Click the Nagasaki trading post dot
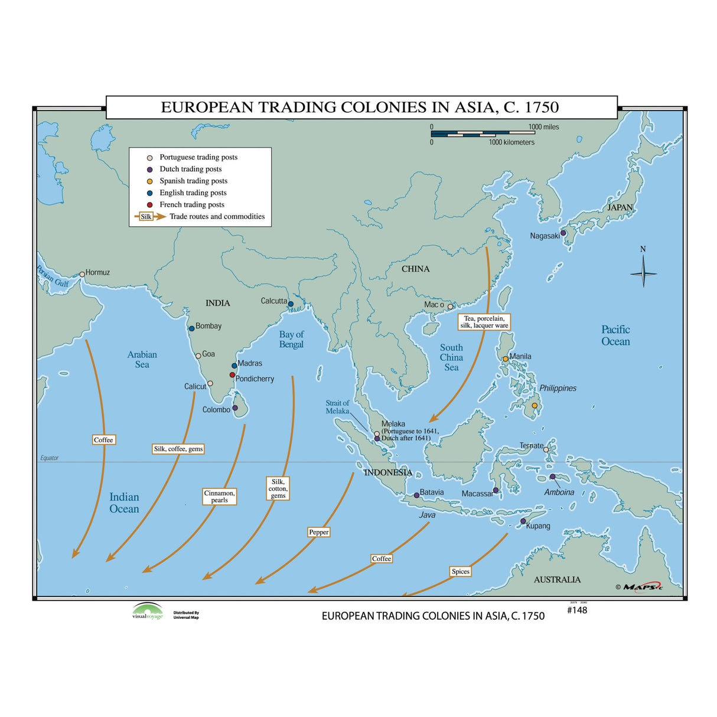pyautogui.click(x=563, y=233)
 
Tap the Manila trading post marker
pyautogui.click(x=506, y=358)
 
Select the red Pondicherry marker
pyautogui.click(x=232, y=375)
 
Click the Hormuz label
pyautogui.click(x=97, y=272)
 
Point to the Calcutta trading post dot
pyautogui.click(x=291, y=304)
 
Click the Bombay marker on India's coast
pyautogui.click(x=191, y=328)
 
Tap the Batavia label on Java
pyautogui.click(x=432, y=492)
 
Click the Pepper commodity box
pyautogui.click(x=319, y=532)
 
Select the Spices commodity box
pyautogui.click(x=460, y=571)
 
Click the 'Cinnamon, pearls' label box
pyautogui.click(x=220, y=496)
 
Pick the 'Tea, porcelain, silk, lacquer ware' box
pyautogui.click(x=484, y=322)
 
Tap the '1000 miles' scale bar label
pyautogui.click(x=543, y=127)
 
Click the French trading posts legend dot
pyautogui.click(x=150, y=204)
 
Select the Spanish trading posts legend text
pyautogui.click(x=193, y=181)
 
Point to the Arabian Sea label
pyautogui.click(x=142, y=359)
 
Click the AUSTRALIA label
pyautogui.click(x=557, y=579)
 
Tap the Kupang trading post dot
pyautogui.click(x=523, y=522)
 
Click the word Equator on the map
pyautogui.click(x=50, y=458)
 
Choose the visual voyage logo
pyautogui.click(x=148, y=611)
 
